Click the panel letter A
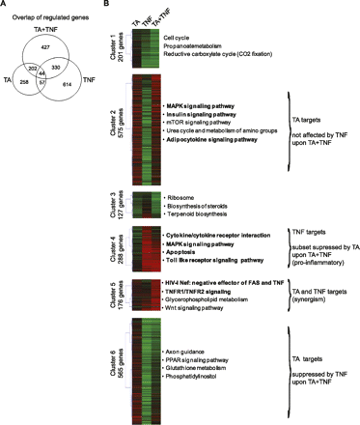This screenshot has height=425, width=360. pyautogui.click(x=6, y=6)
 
